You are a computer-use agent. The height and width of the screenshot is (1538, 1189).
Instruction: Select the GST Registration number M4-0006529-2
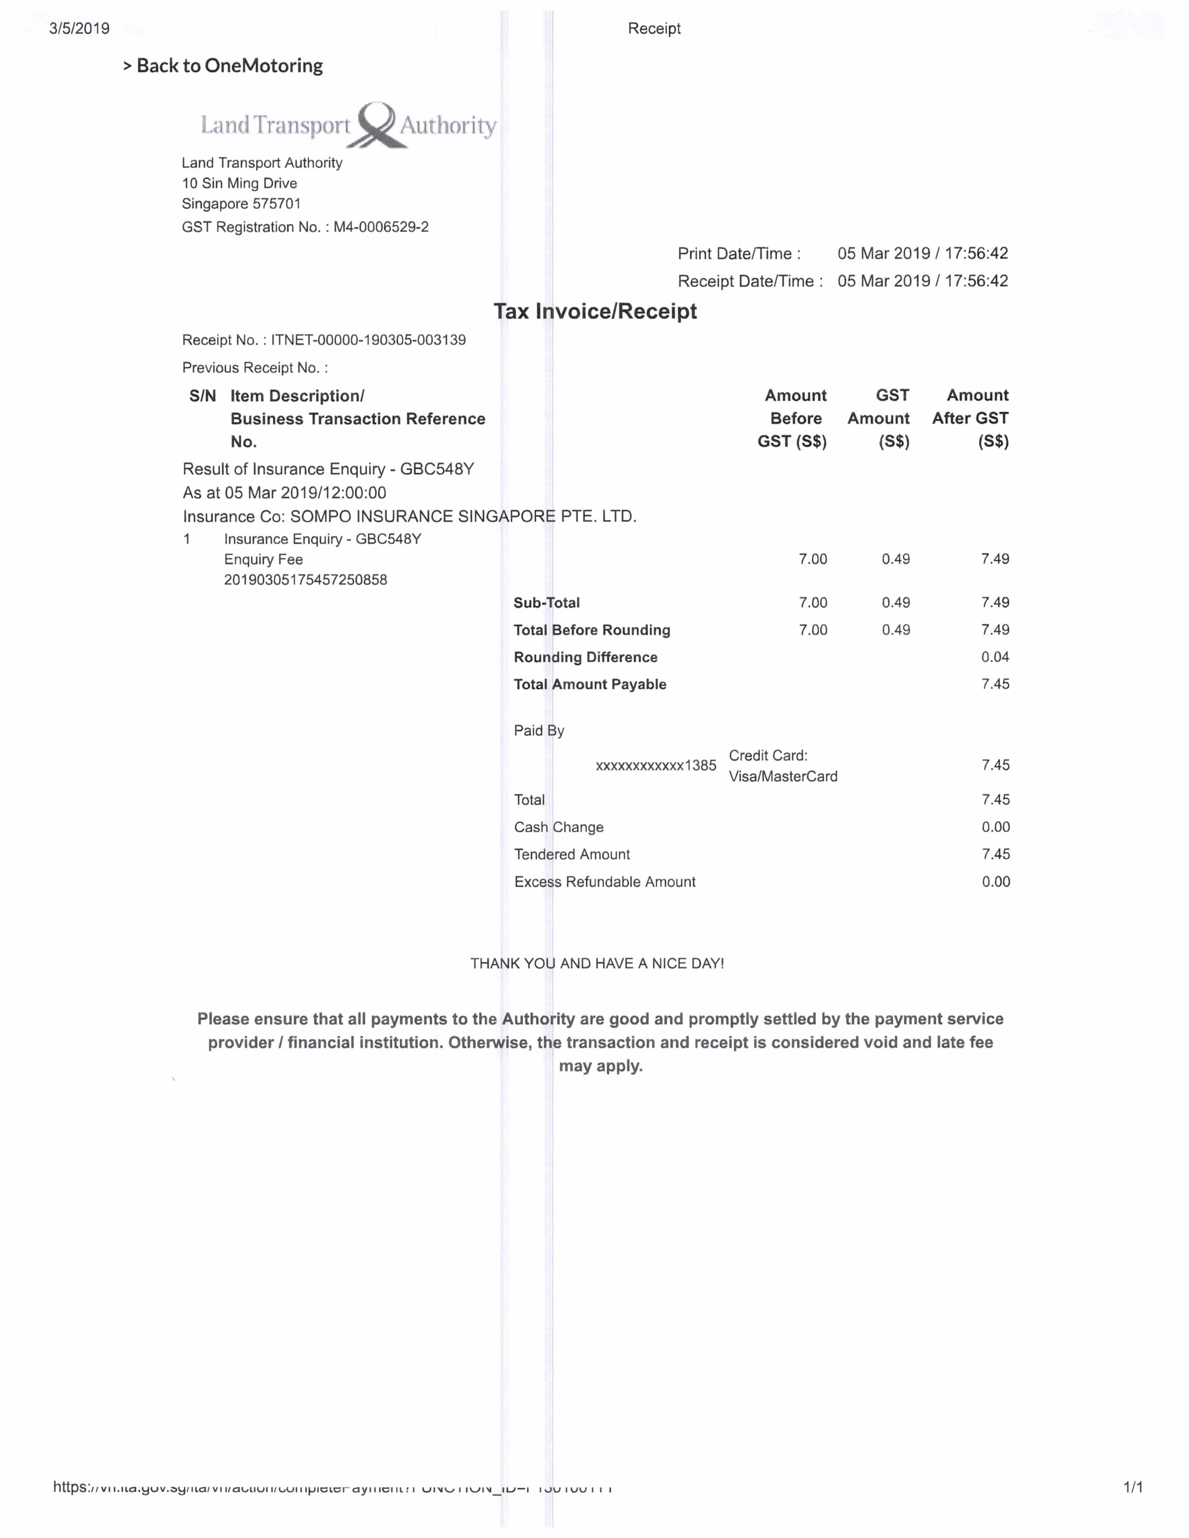pos(380,227)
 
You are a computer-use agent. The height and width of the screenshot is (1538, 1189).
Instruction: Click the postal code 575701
pos(277,204)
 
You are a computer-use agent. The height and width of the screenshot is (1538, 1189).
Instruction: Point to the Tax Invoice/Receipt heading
pos(595,311)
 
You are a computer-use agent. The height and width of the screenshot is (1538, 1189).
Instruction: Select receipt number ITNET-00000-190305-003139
pos(368,340)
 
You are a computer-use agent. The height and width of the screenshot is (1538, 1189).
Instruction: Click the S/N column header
pos(202,396)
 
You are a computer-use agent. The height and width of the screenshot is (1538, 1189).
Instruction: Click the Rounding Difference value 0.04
pos(995,657)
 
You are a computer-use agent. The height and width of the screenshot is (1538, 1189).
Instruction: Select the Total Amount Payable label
pos(589,685)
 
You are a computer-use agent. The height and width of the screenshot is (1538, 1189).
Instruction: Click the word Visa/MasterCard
pos(782,777)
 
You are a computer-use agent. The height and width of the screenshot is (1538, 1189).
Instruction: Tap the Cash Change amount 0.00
pos(995,827)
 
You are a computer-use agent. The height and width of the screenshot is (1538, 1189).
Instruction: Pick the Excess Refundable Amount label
pos(604,882)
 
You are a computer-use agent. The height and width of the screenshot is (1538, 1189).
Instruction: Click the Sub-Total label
pos(546,603)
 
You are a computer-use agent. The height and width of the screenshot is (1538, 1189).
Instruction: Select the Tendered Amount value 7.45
pos(995,855)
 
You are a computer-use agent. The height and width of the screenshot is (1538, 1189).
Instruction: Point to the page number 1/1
pos(1133,1487)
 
